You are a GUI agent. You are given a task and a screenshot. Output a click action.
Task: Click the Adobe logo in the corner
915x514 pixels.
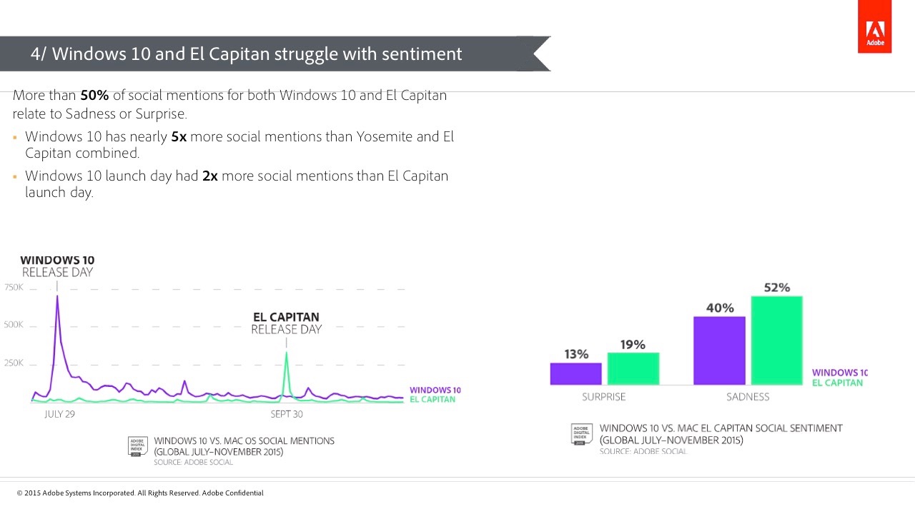click(875, 33)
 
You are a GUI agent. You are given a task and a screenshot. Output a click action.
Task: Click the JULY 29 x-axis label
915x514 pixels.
click(59, 414)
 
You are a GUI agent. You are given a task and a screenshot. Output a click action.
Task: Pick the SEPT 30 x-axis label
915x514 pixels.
click(286, 414)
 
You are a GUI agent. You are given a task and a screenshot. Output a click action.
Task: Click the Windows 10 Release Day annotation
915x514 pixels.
click(57, 266)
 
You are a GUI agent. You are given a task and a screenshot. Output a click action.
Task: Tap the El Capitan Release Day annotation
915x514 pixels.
click(286, 323)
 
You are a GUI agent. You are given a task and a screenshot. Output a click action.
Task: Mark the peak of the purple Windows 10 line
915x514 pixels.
click(57, 296)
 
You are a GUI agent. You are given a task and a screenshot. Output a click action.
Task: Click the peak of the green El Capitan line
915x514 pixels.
click(287, 352)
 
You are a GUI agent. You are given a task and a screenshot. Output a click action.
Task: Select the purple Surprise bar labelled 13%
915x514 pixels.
click(575, 374)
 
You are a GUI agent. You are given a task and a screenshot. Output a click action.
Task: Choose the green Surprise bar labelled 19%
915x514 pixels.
click(633, 368)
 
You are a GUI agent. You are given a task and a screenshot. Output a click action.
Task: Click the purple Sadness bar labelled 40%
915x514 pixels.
click(719, 351)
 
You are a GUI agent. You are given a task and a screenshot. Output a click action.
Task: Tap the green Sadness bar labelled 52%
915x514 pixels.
click(776, 341)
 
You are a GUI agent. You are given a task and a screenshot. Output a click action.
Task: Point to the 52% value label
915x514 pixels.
click(776, 288)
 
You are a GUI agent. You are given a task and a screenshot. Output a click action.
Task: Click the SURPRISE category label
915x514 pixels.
click(603, 397)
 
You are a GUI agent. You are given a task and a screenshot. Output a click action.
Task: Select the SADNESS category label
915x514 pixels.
click(748, 397)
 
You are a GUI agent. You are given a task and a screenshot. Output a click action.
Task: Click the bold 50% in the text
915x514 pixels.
click(94, 96)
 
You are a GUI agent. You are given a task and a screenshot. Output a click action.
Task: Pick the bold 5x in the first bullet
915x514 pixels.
click(179, 137)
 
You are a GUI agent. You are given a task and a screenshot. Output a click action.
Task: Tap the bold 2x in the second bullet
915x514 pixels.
click(209, 176)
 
